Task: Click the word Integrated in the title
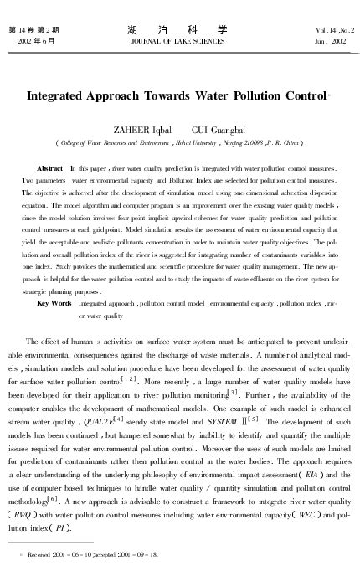pyautogui.click(x=61, y=95)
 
